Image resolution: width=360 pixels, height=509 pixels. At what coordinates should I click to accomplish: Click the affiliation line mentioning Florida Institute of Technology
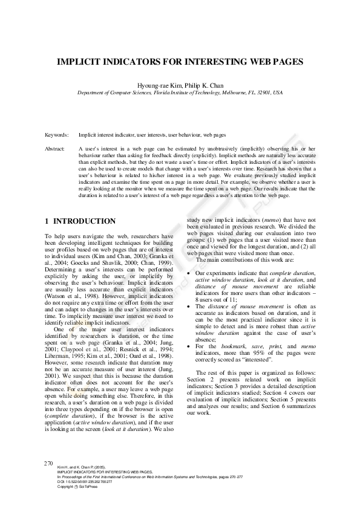[179, 93]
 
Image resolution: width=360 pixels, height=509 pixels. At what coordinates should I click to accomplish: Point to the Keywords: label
[57, 135]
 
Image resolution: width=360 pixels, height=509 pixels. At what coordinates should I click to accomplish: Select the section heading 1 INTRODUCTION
[80, 221]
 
